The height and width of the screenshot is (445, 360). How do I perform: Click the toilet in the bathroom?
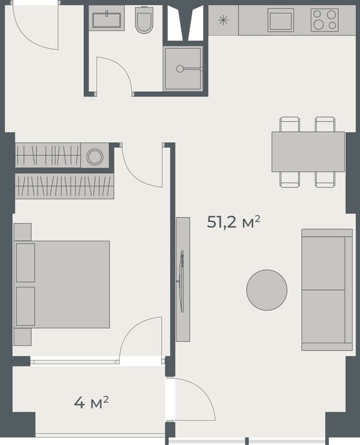point(145,21)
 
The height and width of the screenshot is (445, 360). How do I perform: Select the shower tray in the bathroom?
point(183,69)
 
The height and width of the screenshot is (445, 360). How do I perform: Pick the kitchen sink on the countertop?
point(280,20)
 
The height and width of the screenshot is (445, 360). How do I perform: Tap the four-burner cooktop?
point(325,20)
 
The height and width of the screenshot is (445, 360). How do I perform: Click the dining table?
point(308,151)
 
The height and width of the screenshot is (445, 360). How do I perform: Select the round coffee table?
point(267,290)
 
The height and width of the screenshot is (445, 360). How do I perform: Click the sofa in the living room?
point(327,290)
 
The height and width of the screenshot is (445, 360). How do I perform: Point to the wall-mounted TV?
point(181,280)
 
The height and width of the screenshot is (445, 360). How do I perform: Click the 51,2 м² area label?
point(233,222)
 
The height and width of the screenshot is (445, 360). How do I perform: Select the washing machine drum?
point(94,156)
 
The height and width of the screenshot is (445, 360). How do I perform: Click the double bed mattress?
point(70,284)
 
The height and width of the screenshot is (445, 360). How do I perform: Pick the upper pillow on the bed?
point(25,262)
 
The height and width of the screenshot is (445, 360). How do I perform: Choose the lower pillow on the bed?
point(25,306)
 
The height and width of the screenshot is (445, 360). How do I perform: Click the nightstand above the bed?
point(22,232)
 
